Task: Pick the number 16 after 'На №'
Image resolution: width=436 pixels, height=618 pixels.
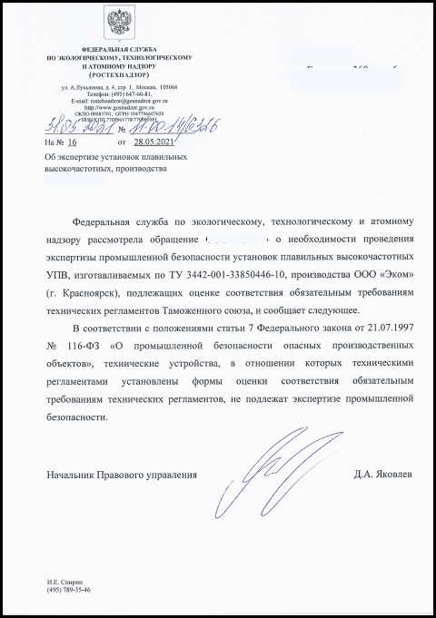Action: tap(73, 142)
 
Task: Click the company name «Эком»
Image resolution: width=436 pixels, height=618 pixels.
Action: tap(380, 271)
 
